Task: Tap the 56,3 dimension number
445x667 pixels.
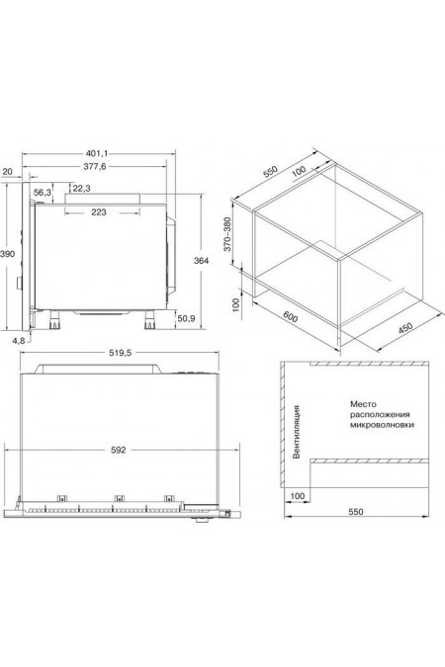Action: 44,191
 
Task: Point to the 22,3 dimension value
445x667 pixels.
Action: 81,189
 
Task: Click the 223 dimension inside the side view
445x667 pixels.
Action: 99,211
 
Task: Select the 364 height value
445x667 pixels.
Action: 200,261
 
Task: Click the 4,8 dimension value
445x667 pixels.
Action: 18,341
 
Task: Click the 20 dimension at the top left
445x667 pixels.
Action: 9,170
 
